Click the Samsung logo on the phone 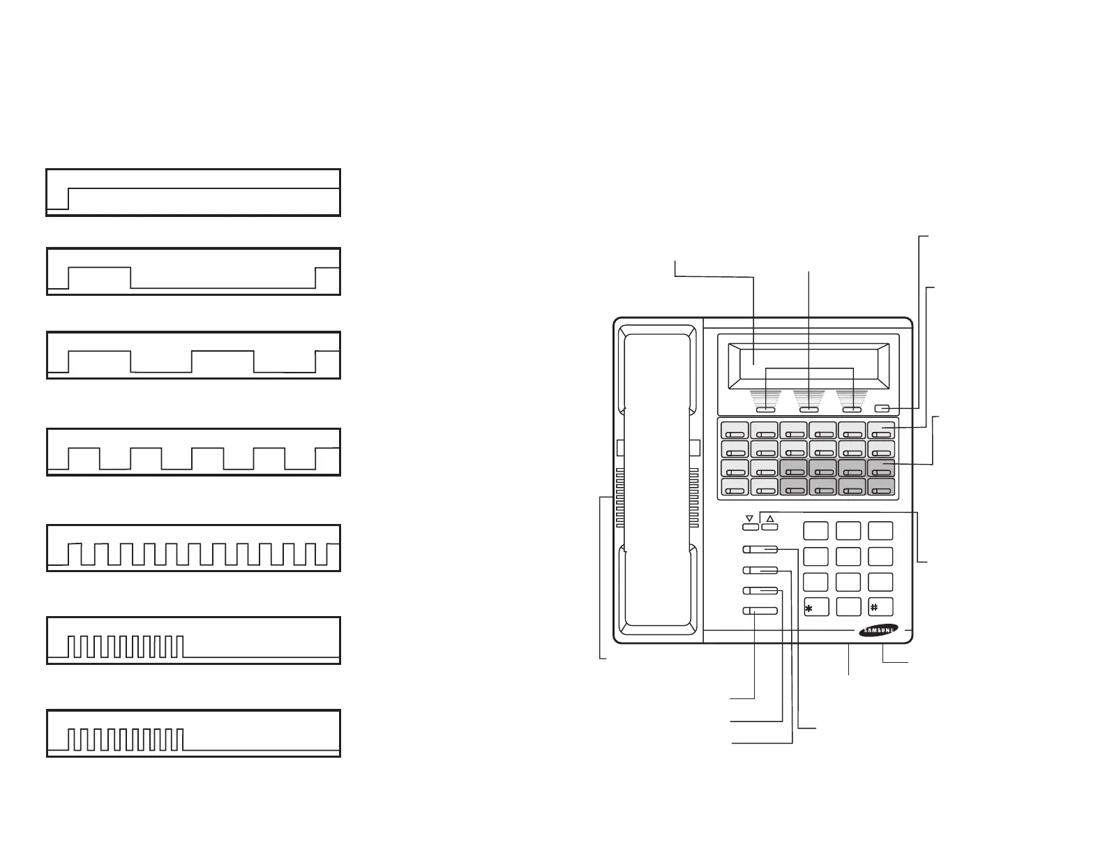pos(878,631)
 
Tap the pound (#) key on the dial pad pos(880,607)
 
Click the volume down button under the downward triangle pos(750,527)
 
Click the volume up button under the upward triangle pos(769,527)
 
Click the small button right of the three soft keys pos(881,409)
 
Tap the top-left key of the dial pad pos(815,530)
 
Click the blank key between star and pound pos(848,607)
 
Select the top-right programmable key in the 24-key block pos(880,430)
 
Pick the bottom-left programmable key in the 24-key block pos(734,488)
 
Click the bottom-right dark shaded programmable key pos(880,488)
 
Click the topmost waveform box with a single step pos(193,192)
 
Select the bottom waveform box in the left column pos(193,733)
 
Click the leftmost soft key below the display pos(766,410)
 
